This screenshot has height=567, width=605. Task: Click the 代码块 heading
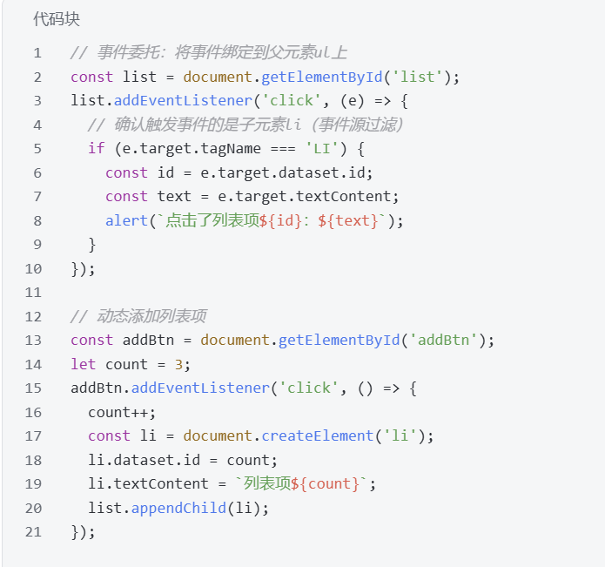pos(57,18)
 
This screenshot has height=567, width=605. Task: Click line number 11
pos(33,292)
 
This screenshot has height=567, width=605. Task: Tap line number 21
pos(33,531)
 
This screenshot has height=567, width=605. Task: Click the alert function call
pos(126,220)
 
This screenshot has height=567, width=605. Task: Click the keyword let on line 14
pos(84,364)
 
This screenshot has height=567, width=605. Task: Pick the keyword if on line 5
pos(96,148)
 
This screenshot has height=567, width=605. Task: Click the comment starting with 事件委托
pos(209,53)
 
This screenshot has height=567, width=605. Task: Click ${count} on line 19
pos(330,483)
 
